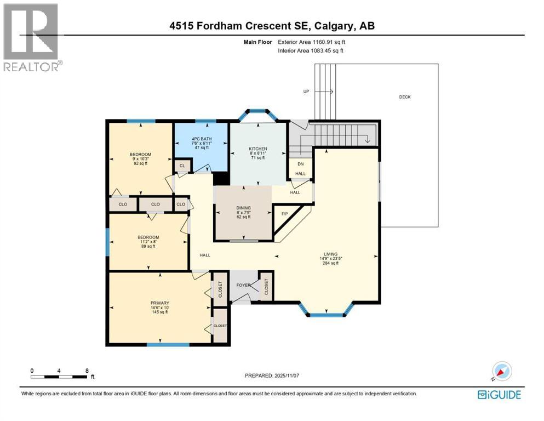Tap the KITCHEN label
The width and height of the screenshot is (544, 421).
point(257,149)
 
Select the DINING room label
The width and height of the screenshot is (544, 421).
point(243,208)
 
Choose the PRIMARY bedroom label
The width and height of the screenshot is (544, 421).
point(159,303)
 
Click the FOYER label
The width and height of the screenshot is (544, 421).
point(243,285)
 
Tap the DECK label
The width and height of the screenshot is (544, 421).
point(404,97)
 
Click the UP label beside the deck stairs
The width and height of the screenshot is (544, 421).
point(306,91)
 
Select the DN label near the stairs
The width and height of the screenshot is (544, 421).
point(300,164)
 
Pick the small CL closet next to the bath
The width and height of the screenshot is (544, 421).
point(182,165)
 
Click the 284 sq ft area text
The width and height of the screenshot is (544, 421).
point(330,264)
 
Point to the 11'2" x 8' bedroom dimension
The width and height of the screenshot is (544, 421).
point(148,242)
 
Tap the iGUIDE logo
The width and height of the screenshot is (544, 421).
point(499,394)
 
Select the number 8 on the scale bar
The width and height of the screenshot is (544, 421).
point(87,370)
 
